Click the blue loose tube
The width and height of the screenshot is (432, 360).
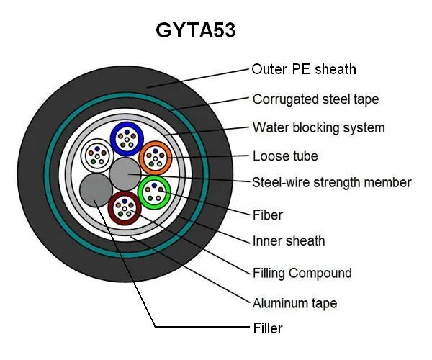[x=127, y=137]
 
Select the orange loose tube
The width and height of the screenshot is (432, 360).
[x=154, y=156]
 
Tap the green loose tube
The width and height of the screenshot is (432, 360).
[x=153, y=191]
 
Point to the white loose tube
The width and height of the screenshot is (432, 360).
[x=96, y=153]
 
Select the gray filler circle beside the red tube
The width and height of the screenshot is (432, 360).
[x=95, y=191]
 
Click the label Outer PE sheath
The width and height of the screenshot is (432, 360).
[x=303, y=70]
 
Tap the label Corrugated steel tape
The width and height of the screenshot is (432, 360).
[x=315, y=99]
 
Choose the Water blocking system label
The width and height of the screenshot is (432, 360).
[x=318, y=127]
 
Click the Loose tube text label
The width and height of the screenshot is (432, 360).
[x=285, y=156]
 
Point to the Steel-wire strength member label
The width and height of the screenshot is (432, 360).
[x=331, y=182]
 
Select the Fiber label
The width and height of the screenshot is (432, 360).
[x=267, y=215]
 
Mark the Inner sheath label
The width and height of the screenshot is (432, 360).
[x=288, y=240]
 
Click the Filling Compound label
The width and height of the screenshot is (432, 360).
[x=302, y=273]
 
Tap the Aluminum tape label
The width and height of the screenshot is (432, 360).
[x=294, y=303]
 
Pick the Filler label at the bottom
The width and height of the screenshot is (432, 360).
[x=267, y=328]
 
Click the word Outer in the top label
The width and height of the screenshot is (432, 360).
[x=269, y=70]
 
